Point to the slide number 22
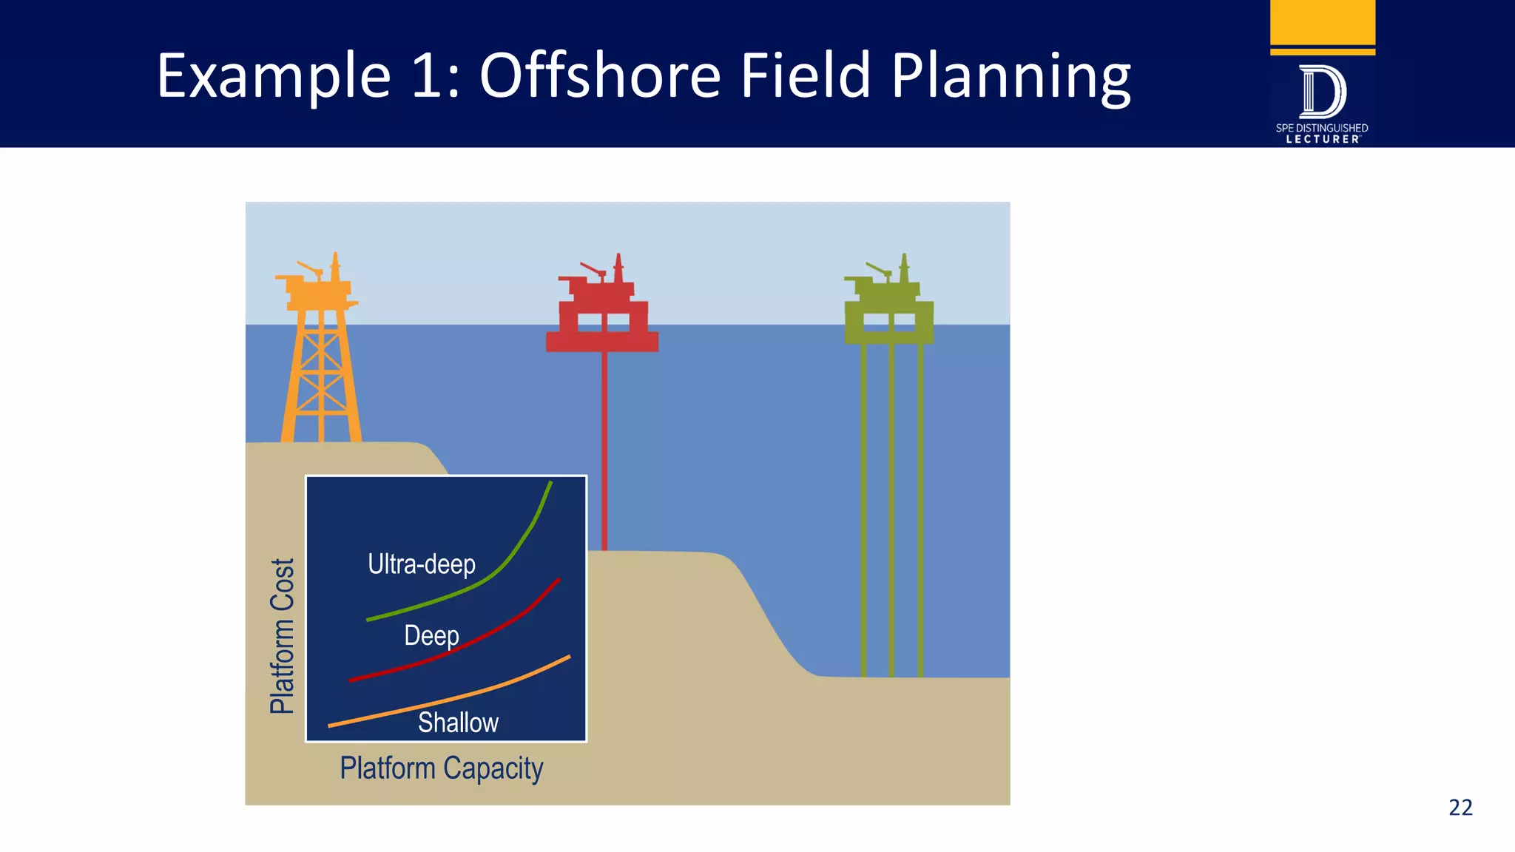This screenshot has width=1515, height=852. (1460, 807)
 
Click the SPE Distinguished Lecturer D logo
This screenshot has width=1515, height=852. (1322, 92)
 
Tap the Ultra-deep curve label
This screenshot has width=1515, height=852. (422, 564)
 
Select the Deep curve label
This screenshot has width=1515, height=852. (431, 635)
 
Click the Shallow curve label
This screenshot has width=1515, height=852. (458, 723)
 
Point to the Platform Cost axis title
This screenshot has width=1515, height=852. (282, 636)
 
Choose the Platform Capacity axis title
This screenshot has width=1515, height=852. (442, 768)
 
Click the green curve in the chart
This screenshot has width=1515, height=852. (518, 547)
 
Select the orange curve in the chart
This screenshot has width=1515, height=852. (518, 680)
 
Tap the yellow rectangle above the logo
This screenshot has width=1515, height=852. (1322, 22)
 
